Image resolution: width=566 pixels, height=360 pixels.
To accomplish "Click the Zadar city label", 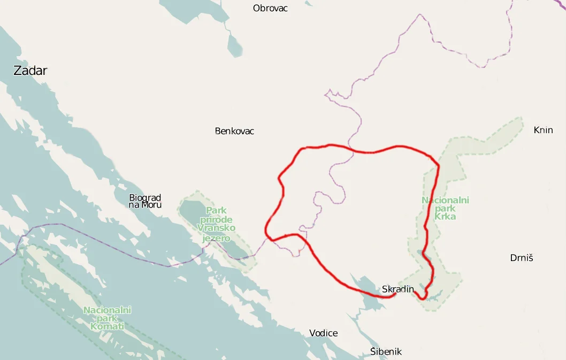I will (x=30, y=70).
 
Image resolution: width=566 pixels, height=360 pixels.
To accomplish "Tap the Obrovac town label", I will (x=270, y=8).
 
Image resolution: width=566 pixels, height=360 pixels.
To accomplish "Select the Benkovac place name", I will (x=234, y=131).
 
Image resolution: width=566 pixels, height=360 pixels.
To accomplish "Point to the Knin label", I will (x=543, y=130).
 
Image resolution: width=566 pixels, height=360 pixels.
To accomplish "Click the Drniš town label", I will (x=522, y=258).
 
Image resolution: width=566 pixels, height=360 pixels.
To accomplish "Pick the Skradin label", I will (x=398, y=289).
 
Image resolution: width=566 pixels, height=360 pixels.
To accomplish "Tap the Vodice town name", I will (x=323, y=333).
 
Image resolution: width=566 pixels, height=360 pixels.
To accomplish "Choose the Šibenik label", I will (x=386, y=351).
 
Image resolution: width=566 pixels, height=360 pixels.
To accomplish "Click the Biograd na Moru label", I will (x=145, y=201).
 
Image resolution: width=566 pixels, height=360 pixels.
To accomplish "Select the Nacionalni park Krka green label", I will (x=445, y=209).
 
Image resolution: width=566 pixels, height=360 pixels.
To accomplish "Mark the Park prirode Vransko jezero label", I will (x=216, y=224).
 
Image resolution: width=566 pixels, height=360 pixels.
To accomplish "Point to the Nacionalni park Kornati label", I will (x=107, y=318).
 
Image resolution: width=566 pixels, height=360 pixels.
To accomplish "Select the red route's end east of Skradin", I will (x=415, y=292).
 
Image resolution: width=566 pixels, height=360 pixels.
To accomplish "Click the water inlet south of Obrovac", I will (x=234, y=45).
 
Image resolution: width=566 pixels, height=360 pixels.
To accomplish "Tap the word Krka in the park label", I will (x=445, y=217).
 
